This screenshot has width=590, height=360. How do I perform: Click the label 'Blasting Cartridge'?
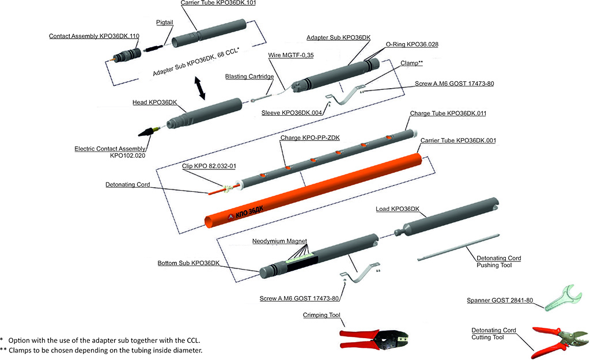pyautogui.click(x=249, y=77)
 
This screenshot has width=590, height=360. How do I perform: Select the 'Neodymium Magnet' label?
pyautogui.click(x=279, y=241)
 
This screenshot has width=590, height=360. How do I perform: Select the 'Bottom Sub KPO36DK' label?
pyautogui.click(x=188, y=263)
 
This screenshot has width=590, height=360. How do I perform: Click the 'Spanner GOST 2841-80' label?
pyautogui.click(x=500, y=301)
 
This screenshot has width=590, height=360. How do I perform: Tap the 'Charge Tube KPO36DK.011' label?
pyautogui.click(x=448, y=113)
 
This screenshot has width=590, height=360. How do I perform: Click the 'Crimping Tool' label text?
pyautogui.click(x=322, y=315)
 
